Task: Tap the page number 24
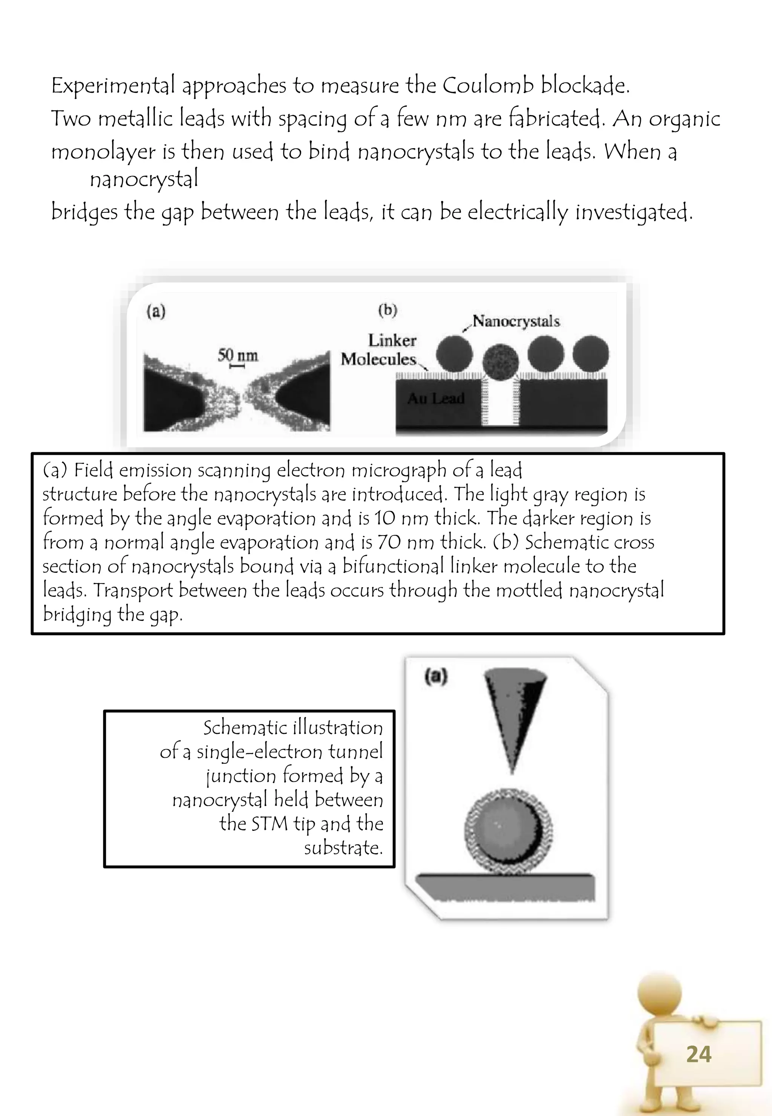(698, 1055)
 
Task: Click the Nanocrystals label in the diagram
(516, 321)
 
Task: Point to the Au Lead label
(436, 398)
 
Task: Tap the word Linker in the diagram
(392, 340)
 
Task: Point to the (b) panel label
(388, 310)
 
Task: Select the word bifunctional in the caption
(393, 566)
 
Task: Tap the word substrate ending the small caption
(343, 847)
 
